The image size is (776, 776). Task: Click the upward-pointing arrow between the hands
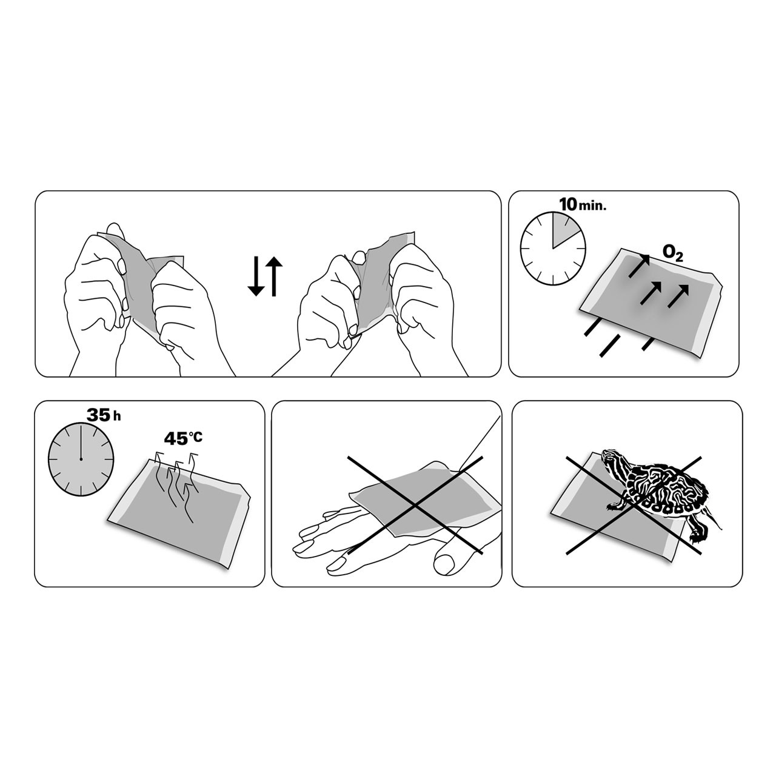pos(274,276)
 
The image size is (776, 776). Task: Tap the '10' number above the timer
pos(567,204)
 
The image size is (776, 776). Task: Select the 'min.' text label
pos(592,207)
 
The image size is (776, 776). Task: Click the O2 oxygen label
pos(672,253)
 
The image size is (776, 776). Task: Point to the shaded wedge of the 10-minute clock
pos(563,233)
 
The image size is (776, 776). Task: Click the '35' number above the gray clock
pos(98,415)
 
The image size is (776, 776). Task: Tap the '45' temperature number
pos(176,438)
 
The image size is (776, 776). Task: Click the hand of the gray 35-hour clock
pos(81,442)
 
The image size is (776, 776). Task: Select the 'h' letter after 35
pos(117,416)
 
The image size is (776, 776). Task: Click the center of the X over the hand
pos(415,506)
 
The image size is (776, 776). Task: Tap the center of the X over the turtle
pos(634,506)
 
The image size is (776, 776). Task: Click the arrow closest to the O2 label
pos(639,266)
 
